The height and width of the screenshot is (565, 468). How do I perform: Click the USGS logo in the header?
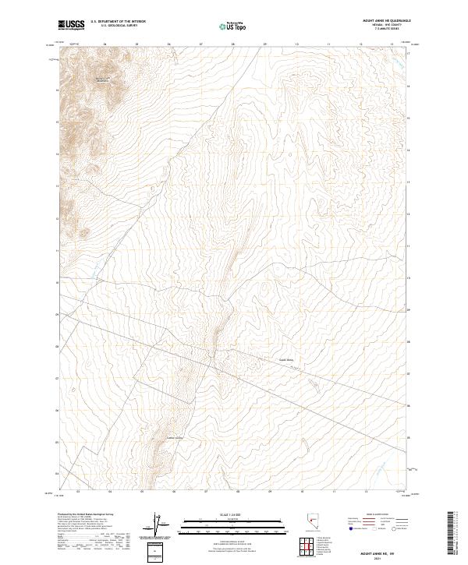click(71, 24)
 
